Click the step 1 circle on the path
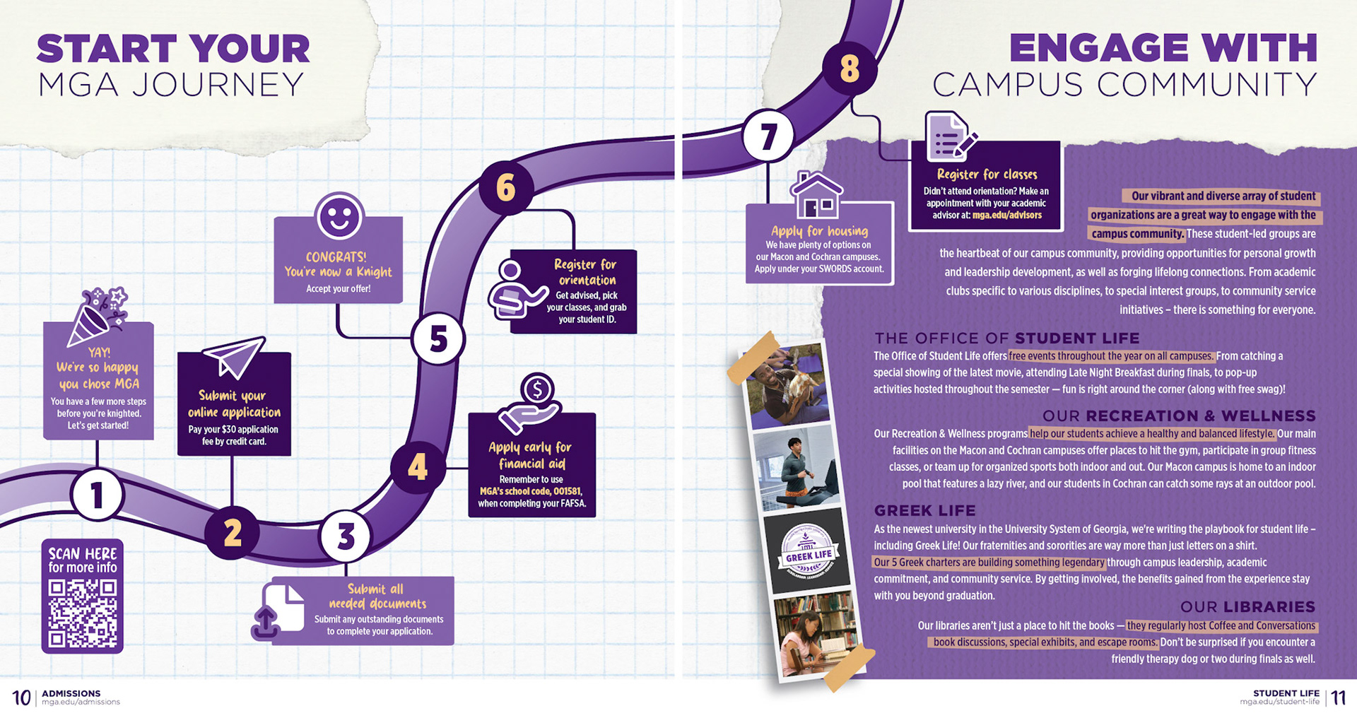(98, 495)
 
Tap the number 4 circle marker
(417, 467)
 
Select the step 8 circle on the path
(850, 69)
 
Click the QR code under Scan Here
(82, 613)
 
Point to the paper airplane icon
(233, 358)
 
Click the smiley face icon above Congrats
(339, 216)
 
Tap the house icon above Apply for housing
(817, 195)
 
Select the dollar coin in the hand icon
(537, 389)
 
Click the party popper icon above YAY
(99, 316)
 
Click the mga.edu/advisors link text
(1006, 216)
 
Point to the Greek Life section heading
(924, 511)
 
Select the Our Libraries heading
(1247, 607)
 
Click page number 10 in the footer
(21, 698)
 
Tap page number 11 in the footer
(1338, 698)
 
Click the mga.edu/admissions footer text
(81, 702)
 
